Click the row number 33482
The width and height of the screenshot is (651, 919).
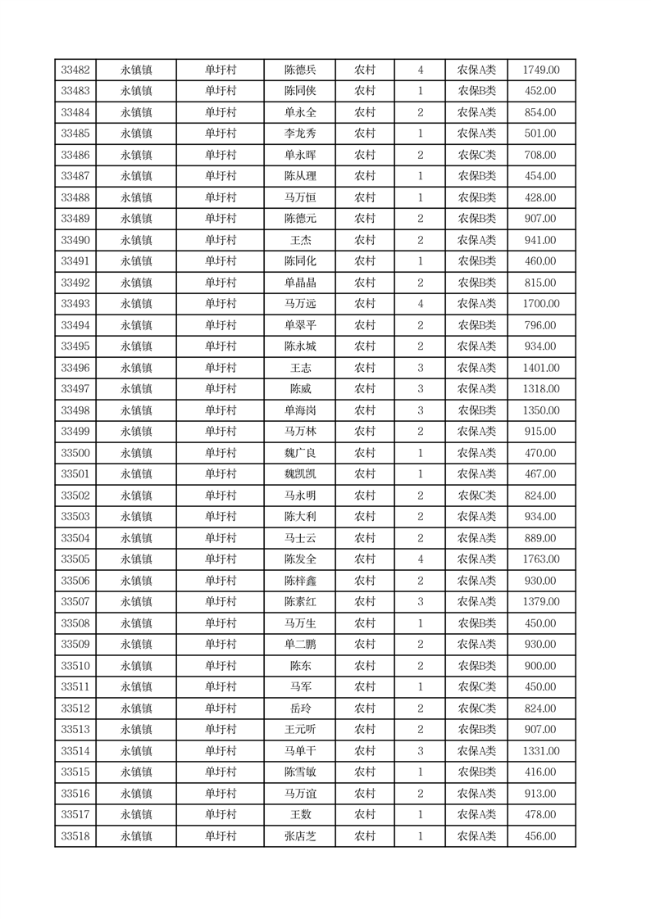click(x=75, y=70)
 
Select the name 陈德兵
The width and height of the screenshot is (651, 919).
click(x=300, y=70)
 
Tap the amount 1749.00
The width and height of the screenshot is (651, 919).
click(x=541, y=70)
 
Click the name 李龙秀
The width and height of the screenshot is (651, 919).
click(x=300, y=134)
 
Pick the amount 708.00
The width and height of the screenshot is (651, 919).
click(x=541, y=156)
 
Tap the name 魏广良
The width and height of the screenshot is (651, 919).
click(x=300, y=453)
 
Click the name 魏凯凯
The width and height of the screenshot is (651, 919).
click(x=300, y=474)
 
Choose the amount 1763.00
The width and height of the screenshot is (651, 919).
click(x=541, y=559)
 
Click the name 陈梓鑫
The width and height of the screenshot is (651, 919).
click(x=300, y=581)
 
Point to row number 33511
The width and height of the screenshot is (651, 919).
click(x=75, y=687)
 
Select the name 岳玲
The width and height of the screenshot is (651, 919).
click(x=300, y=708)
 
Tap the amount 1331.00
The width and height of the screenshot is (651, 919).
click(x=541, y=751)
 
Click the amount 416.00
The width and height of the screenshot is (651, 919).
click(x=541, y=772)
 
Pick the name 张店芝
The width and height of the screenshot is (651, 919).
click(x=300, y=836)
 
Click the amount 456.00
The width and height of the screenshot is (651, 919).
click(x=541, y=836)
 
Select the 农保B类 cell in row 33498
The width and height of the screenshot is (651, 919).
click(x=476, y=410)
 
